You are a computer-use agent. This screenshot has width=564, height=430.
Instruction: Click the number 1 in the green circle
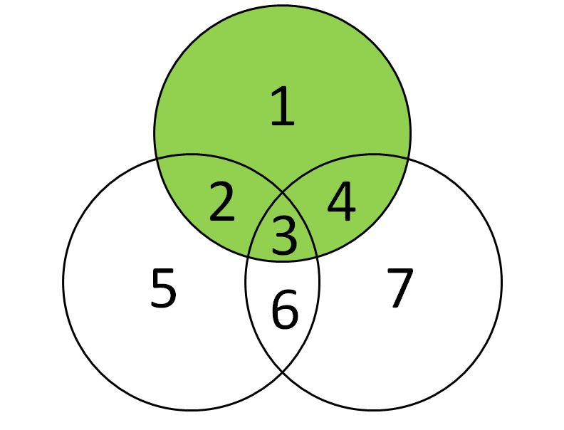[x=283, y=106]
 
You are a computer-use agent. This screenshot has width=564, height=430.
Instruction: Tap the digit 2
[x=222, y=201]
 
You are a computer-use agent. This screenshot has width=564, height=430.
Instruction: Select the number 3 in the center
[x=285, y=236]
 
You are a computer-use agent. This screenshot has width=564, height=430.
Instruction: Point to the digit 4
[x=341, y=201]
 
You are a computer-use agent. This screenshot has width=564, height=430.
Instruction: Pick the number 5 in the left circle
[x=164, y=288]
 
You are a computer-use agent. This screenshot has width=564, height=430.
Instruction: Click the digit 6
[x=285, y=309]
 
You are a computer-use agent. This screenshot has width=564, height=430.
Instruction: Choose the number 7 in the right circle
[x=400, y=288]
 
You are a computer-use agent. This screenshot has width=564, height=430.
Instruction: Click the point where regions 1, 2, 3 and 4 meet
[x=283, y=194]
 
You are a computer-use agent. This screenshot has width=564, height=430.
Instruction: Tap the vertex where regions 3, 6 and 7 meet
[x=316, y=256]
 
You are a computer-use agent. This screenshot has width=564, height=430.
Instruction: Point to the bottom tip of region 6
[x=283, y=372]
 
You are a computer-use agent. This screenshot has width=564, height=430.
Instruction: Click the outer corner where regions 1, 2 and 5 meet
[x=157, y=159]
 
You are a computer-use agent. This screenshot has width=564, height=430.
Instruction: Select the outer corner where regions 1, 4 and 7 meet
[x=408, y=159]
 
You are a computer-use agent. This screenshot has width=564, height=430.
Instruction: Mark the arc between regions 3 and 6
[x=283, y=261]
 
